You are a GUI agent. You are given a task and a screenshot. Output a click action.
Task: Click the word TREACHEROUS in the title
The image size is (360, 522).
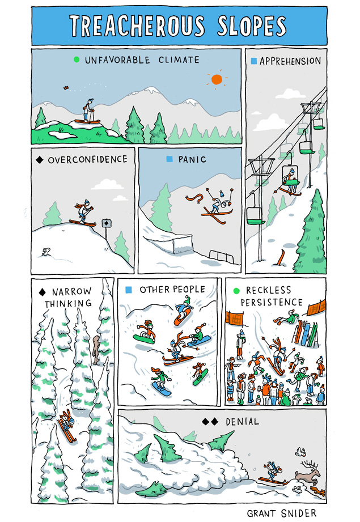click(137, 26)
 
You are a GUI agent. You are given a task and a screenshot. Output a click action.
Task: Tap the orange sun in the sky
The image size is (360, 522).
click(217, 79)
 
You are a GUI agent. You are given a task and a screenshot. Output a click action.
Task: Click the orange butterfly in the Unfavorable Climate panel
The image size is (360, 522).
click(66, 87)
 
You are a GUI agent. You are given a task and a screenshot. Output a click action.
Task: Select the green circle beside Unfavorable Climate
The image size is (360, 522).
click(77, 60)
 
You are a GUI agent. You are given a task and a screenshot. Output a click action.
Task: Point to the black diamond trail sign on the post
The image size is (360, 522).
click(106, 223)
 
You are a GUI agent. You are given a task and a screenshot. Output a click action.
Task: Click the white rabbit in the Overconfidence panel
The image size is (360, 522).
click(45, 252)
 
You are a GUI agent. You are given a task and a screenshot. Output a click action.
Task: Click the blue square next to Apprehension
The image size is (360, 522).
click(254, 61)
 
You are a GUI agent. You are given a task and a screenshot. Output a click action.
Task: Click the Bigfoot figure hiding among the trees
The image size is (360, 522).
click(96, 350)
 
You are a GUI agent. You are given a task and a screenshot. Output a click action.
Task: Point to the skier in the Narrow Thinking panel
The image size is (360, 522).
click(67, 425)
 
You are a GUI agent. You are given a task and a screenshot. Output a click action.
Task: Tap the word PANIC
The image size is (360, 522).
click(192, 159)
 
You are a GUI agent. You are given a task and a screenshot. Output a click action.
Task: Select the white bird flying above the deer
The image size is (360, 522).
click(300, 452)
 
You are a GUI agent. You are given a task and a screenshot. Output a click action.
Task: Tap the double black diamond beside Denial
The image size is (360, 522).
click(210, 422)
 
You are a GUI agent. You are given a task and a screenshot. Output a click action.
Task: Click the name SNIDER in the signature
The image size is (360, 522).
click(298, 513)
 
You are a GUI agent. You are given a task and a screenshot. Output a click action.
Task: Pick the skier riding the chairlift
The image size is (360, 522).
click(290, 181)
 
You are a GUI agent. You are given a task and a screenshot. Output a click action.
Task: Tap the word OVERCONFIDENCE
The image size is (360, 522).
click(87, 159)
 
